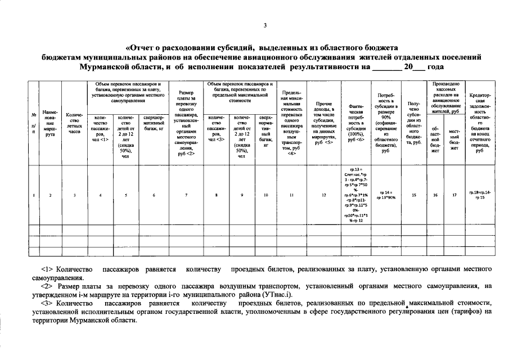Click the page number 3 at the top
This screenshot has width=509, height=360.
point(265,25)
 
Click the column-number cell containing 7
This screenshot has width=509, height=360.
point(186,195)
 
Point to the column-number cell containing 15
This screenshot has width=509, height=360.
point(414,195)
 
